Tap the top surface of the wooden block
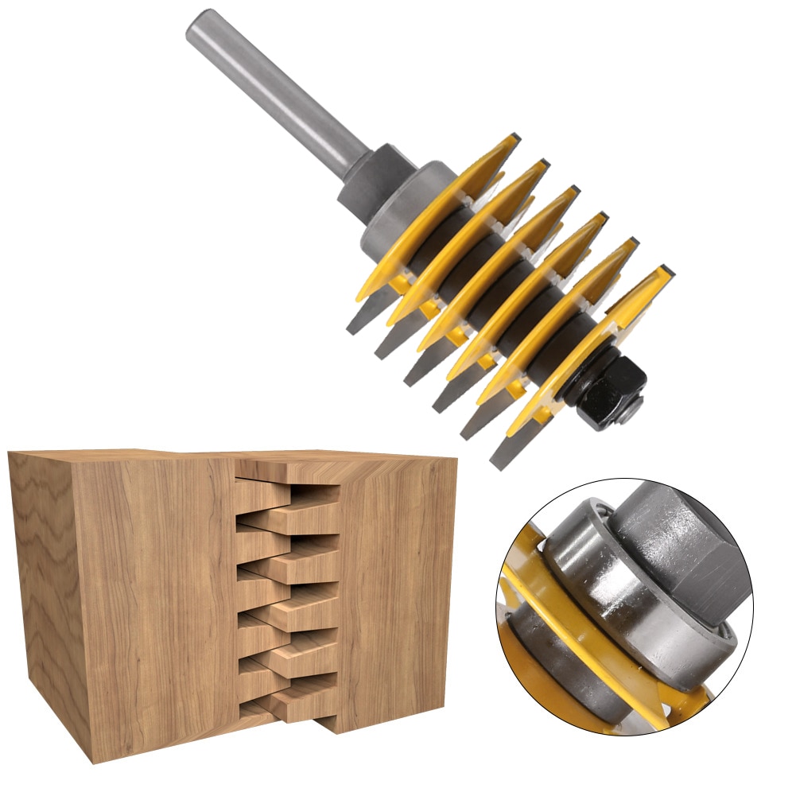coord(239,456)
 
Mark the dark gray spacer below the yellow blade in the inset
coord(557,660)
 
